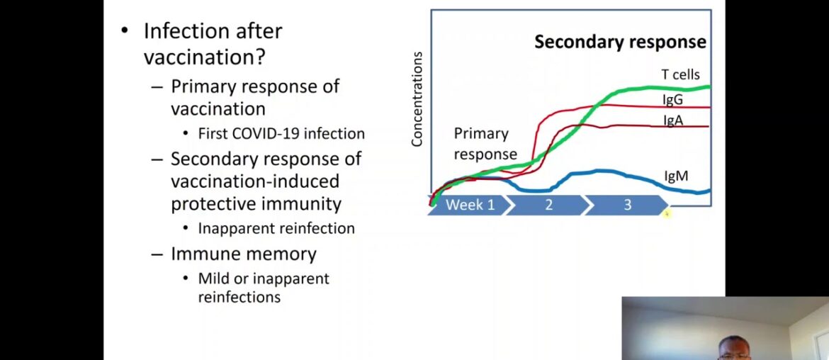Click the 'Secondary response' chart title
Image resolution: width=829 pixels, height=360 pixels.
click(x=620, y=42)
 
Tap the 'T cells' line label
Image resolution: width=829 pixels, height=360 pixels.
click(x=680, y=74)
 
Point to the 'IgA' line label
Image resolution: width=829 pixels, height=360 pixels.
click(x=673, y=120)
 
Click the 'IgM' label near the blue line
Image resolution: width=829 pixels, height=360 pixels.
click(x=677, y=175)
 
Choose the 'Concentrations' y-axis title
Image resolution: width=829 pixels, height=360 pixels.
click(x=417, y=99)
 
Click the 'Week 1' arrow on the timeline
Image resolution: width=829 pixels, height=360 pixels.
click(x=469, y=206)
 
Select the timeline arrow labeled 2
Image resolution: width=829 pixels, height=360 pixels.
click(x=548, y=206)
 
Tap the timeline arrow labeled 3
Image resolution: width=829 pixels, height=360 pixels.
click(x=626, y=206)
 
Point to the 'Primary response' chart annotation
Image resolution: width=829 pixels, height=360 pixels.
click(x=485, y=144)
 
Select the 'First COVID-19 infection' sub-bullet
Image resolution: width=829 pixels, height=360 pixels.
click(x=281, y=133)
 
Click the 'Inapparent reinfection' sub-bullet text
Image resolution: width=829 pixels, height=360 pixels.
click(x=276, y=228)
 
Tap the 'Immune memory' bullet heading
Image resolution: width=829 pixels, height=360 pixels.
click(x=244, y=254)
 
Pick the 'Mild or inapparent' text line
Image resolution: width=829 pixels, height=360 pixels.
click(x=264, y=279)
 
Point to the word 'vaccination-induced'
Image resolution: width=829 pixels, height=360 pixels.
click(x=254, y=181)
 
